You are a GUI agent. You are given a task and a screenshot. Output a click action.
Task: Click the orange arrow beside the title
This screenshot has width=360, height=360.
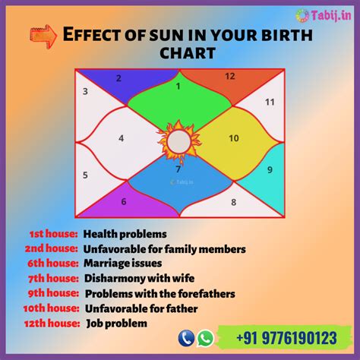[x=43, y=36]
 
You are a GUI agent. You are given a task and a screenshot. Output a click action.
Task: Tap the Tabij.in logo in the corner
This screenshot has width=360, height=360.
[x=324, y=15]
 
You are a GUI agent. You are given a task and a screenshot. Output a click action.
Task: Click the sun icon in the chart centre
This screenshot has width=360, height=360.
[x=179, y=142]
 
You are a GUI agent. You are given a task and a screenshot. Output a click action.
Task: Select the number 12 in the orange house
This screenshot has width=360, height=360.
[x=230, y=76]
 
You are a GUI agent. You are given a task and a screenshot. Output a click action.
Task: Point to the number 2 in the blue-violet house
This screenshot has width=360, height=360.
[x=118, y=78]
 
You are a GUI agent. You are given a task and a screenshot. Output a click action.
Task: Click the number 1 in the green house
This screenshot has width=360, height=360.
[x=178, y=87]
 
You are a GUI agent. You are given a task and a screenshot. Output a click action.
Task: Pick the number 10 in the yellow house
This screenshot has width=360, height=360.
[x=234, y=138]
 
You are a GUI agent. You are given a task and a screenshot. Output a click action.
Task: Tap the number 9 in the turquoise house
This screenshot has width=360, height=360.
[x=270, y=169]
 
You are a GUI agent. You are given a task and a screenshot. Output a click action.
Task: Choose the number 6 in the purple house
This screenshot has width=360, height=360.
[x=124, y=201]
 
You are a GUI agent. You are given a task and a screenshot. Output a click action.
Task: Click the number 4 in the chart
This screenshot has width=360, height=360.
[x=121, y=138]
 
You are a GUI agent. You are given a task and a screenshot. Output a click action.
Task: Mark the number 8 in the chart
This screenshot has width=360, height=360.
[x=233, y=202]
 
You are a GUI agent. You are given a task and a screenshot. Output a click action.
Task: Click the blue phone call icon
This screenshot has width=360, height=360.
[x=186, y=338]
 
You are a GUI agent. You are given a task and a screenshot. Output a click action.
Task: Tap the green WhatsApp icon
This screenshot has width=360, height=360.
[x=205, y=338]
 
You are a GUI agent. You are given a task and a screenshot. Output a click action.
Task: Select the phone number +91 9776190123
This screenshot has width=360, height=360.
[x=286, y=338]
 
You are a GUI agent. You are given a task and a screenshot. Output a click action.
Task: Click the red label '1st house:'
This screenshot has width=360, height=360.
[x=54, y=234]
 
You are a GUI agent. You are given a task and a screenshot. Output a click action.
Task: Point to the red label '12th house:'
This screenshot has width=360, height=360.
[x=52, y=324]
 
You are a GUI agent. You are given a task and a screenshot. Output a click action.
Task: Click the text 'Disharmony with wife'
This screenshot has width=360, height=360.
[x=139, y=278]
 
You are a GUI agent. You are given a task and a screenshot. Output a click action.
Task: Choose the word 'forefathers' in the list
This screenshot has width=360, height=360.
[x=207, y=294]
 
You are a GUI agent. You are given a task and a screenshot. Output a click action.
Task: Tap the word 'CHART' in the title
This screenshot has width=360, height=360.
[x=188, y=53]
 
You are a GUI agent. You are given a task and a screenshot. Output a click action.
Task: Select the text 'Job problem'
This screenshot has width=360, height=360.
[x=117, y=324]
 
